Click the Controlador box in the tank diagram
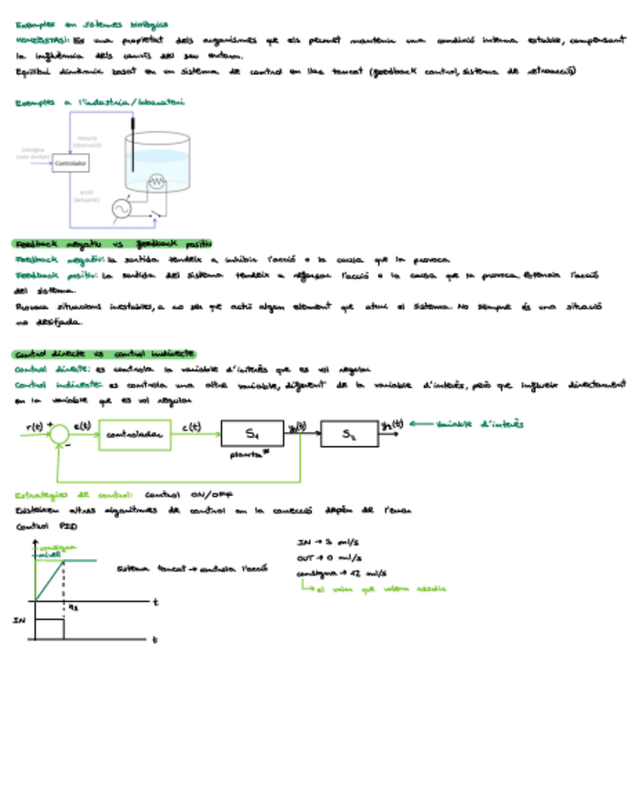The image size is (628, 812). [70, 164]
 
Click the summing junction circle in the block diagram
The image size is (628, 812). [59, 436]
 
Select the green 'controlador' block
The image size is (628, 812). [135, 436]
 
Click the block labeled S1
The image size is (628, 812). [252, 434]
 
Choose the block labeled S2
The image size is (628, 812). [349, 434]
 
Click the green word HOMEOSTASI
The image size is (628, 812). [41, 41]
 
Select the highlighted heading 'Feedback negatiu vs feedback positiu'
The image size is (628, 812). [112, 244]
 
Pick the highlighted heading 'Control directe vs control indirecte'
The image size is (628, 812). [104, 352]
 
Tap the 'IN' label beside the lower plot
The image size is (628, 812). [18, 620]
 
